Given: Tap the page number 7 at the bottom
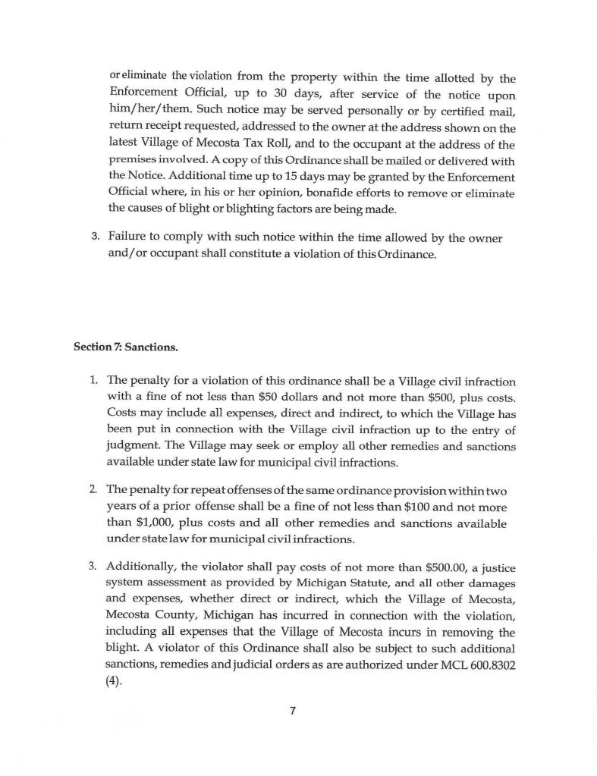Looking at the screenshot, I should click(x=292, y=711).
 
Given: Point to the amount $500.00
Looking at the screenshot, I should click(x=424, y=567).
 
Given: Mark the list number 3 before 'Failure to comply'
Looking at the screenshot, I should click(x=94, y=237).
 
